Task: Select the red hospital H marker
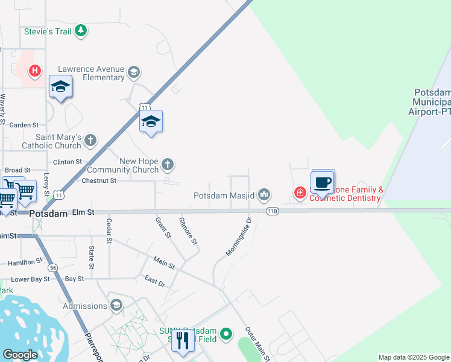pos(36,71)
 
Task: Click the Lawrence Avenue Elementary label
pos(91,73)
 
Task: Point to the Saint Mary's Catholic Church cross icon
pos(90,141)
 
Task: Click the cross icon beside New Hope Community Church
pos(168,164)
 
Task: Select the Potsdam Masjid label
pos(224,195)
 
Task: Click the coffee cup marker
pos(323,182)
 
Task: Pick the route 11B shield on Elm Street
pos(273,211)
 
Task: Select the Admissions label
pos(85,306)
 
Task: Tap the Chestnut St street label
pos(98,180)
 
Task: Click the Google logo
pos(20,355)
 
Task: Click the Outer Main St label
pos(257,344)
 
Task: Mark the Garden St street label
pos(24,125)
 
